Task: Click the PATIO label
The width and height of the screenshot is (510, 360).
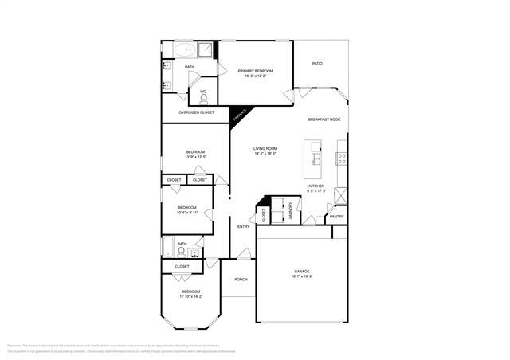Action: pyautogui.click(x=317, y=64)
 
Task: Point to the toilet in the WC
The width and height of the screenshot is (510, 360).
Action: pyautogui.click(x=203, y=100)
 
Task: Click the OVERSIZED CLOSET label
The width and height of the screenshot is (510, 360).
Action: pyautogui.click(x=196, y=112)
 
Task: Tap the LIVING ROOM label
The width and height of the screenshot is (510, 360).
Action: pyautogui.click(x=265, y=148)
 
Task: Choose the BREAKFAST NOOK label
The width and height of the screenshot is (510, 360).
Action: pyautogui.click(x=324, y=119)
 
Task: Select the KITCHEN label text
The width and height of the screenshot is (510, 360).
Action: pyautogui.click(x=316, y=186)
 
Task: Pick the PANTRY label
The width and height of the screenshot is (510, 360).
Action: pyautogui.click(x=336, y=216)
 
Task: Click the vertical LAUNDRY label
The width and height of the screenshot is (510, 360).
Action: pyautogui.click(x=291, y=209)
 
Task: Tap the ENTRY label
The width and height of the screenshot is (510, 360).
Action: pyautogui.click(x=243, y=227)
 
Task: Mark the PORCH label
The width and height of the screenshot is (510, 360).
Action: pyautogui.click(x=241, y=280)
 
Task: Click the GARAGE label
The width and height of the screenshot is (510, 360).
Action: pyautogui.click(x=301, y=272)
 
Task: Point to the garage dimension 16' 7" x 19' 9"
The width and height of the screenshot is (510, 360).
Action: pyautogui.click(x=301, y=277)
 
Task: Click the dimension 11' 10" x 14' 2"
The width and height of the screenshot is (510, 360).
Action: pyautogui.click(x=191, y=297)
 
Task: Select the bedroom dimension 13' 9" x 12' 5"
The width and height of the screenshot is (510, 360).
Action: pyautogui.click(x=196, y=157)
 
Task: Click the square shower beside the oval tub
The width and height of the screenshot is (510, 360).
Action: pyautogui.click(x=206, y=49)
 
